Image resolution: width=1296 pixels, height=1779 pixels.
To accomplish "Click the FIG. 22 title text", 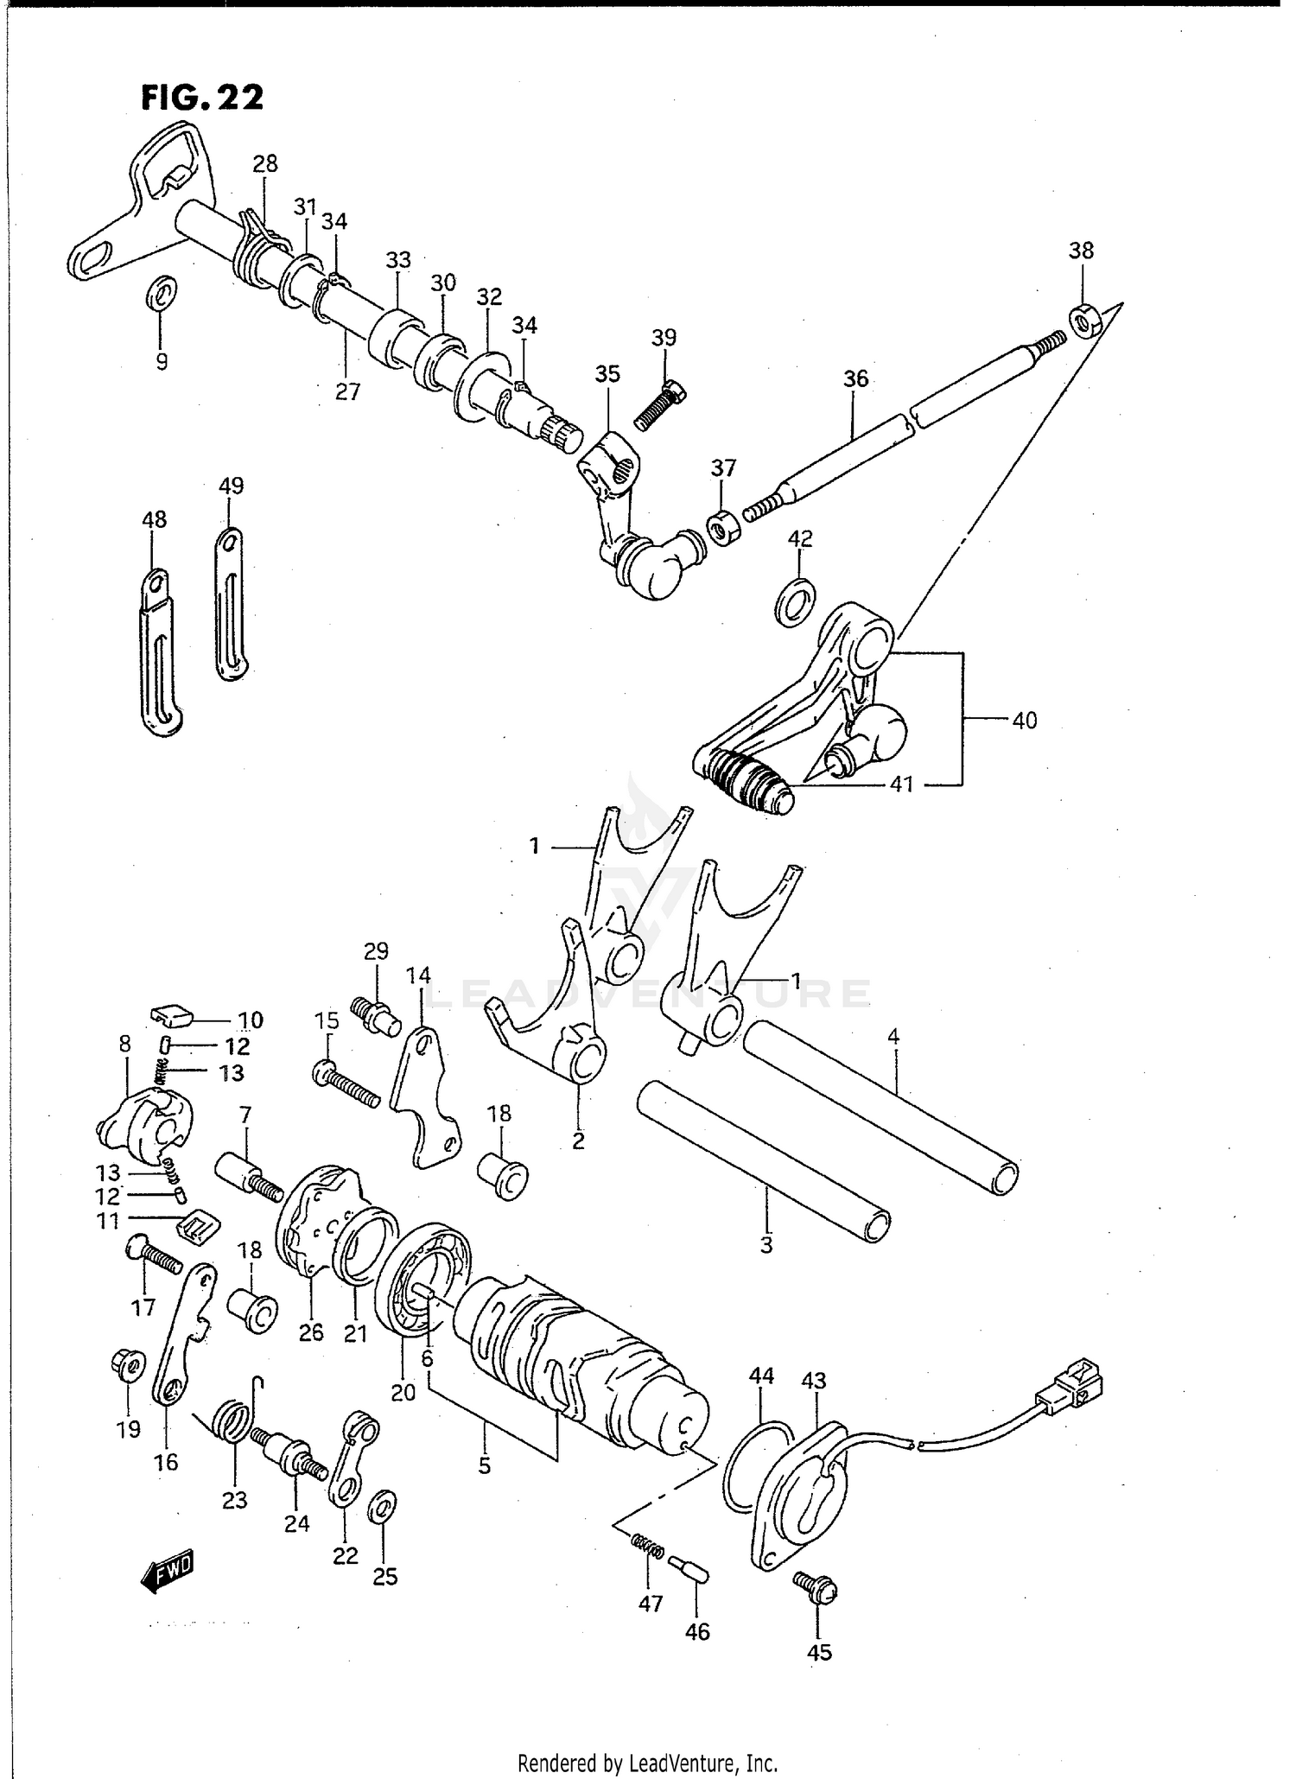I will (x=202, y=98).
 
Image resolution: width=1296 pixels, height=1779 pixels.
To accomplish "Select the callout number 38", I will (x=1081, y=251).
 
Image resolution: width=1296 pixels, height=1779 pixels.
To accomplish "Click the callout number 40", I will (x=1024, y=720).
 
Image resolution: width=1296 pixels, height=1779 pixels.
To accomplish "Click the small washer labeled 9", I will (x=161, y=294).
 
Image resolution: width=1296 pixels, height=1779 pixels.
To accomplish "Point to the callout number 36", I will (x=855, y=379).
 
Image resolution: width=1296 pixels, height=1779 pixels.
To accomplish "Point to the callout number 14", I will (x=418, y=975).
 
